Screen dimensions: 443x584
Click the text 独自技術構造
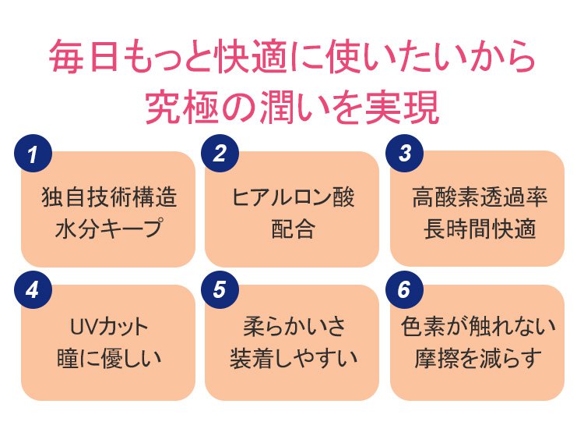pyautogui.click(x=108, y=197)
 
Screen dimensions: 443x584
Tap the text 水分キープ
pyautogui.click(x=108, y=230)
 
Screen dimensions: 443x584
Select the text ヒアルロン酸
pyautogui.click(x=293, y=197)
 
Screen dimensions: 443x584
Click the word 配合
pyautogui.click(x=293, y=230)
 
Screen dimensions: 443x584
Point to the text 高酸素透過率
pyautogui.click(x=479, y=197)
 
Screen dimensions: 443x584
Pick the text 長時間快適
pyautogui.click(x=479, y=230)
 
